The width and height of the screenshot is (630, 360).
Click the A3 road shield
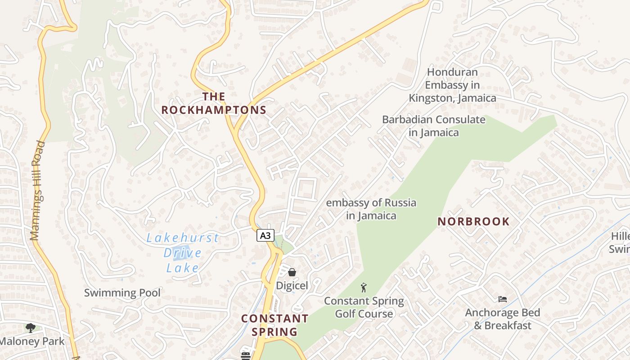click(x=265, y=235)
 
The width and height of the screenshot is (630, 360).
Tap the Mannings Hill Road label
click(x=38, y=190)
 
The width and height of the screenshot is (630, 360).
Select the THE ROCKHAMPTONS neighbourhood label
click(x=214, y=103)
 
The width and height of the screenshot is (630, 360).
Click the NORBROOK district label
click(x=474, y=221)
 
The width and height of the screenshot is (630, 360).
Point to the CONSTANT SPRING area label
click(x=274, y=325)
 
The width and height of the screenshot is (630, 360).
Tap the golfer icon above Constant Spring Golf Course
click(x=364, y=288)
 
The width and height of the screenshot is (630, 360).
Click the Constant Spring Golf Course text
click(x=364, y=307)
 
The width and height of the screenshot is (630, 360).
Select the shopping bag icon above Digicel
click(x=292, y=272)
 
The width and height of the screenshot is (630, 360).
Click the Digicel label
click(x=292, y=285)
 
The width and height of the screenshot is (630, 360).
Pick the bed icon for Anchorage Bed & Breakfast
click(x=503, y=299)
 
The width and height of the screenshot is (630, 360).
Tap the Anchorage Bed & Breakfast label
click(x=503, y=319)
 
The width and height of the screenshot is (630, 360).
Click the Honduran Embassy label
click(x=452, y=85)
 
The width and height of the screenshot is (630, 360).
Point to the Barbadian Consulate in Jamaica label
click(x=434, y=126)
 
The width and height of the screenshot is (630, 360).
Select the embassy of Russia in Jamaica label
click(x=371, y=209)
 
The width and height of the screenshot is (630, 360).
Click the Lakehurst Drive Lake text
click(x=183, y=253)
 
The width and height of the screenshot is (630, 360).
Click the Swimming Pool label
click(x=122, y=293)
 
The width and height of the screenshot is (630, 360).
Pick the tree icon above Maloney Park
click(x=30, y=328)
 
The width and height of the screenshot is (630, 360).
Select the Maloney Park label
click(x=32, y=342)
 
